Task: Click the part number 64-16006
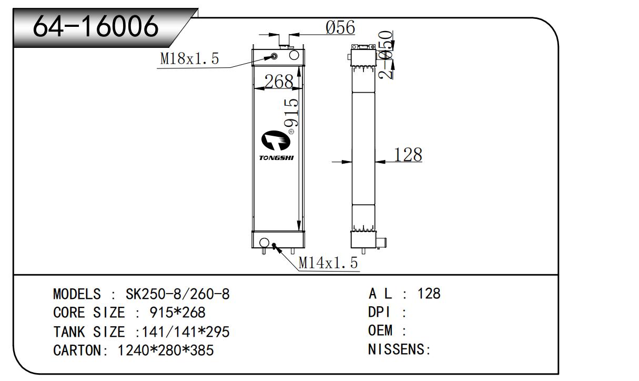point(95,26)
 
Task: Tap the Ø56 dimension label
point(340,27)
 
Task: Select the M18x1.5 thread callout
point(189,59)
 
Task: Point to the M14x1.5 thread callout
point(328,262)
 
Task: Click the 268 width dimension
point(278,82)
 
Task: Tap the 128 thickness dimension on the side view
point(408,155)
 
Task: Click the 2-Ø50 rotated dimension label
point(387,55)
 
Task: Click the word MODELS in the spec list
point(77,294)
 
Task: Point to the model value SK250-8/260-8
point(178,294)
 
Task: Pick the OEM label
point(380,331)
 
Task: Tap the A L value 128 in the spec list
point(429,294)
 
